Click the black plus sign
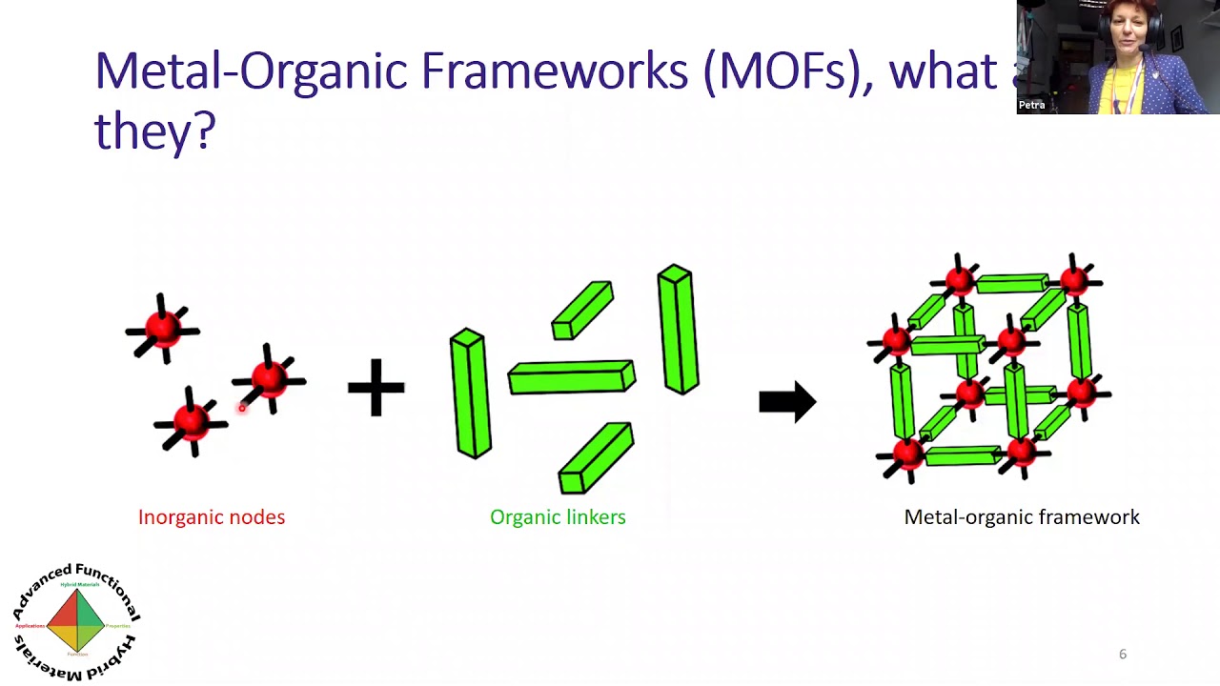(x=376, y=388)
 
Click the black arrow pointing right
(x=787, y=402)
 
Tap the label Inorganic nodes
(x=212, y=517)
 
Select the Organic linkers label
(x=558, y=517)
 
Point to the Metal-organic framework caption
(x=1022, y=517)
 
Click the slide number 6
(x=1123, y=654)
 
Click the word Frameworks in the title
(x=555, y=72)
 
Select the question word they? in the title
(x=155, y=131)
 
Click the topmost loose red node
(x=163, y=329)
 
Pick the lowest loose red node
(x=192, y=422)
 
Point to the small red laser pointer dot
(x=242, y=408)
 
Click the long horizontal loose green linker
(x=571, y=377)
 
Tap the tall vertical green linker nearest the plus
(x=470, y=393)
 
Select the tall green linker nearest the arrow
(x=678, y=330)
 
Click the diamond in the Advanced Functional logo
(x=76, y=620)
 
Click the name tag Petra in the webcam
(x=1032, y=105)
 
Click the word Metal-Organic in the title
(x=251, y=72)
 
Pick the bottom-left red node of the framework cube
(x=905, y=454)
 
